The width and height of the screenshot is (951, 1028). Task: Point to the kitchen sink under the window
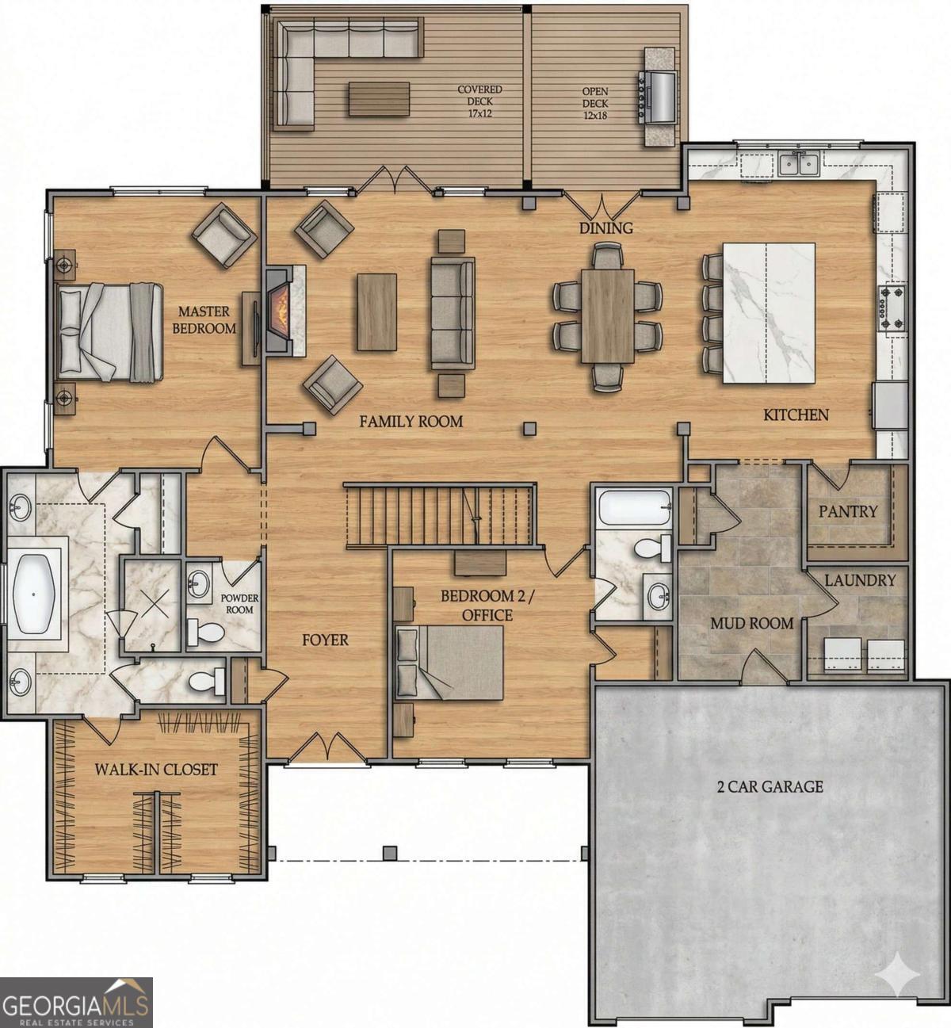(x=798, y=164)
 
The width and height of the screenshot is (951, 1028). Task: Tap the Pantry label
(x=848, y=511)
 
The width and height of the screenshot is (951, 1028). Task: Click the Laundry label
(x=859, y=580)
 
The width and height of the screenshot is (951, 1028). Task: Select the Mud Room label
(x=751, y=623)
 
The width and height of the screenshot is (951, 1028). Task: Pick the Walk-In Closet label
(x=156, y=769)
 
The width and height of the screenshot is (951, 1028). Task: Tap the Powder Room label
(x=239, y=603)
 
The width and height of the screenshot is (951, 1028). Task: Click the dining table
(x=607, y=315)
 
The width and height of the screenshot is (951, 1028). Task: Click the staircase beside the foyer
(x=440, y=516)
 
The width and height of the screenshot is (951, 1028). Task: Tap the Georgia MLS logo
(x=76, y=1002)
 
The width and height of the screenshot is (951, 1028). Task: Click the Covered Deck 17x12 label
(x=479, y=95)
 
